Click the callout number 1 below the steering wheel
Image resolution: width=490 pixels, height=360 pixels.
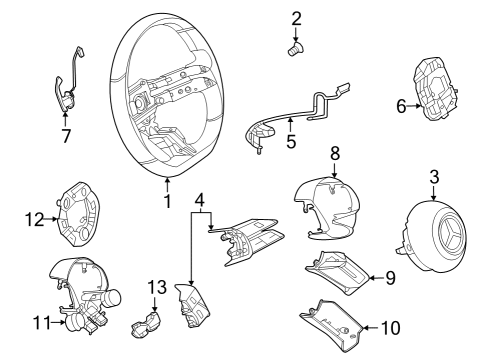[167, 201]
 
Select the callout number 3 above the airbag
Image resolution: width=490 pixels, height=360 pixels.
[434, 177]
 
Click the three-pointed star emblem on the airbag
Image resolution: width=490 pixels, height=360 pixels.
[452, 233]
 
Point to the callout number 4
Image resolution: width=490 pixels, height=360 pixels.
[199, 200]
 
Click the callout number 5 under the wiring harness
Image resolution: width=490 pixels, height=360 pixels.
[291, 142]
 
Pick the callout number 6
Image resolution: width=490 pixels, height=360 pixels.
[401, 106]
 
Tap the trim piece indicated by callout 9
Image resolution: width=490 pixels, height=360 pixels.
[337, 273]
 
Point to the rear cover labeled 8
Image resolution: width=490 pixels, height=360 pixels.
[327, 208]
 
